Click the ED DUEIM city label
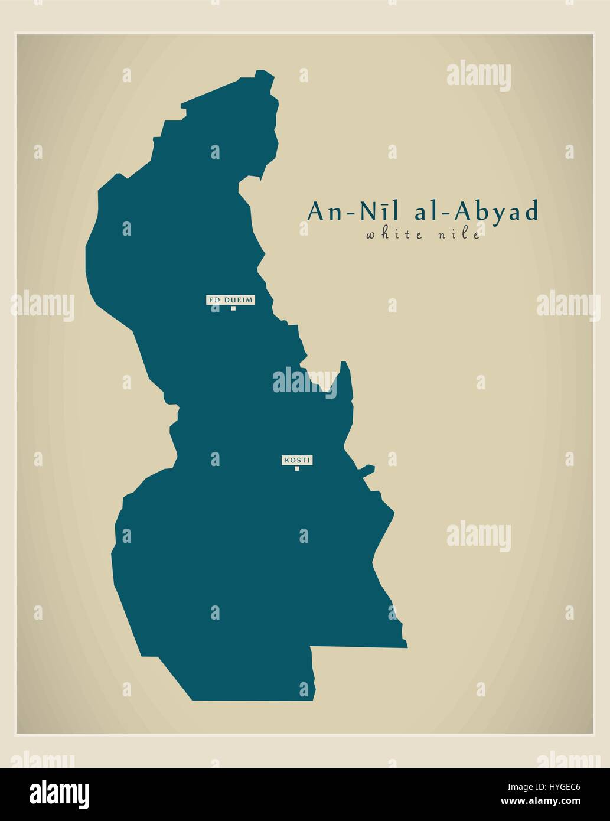click(x=230, y=300)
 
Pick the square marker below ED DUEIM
click(x=233, y=308)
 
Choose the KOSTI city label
click(x=297, y=460)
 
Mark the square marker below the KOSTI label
click(x=297, y=469)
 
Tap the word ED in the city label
click(x=213, y=300)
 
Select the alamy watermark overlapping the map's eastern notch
click(x=304, y=381)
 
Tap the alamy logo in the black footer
click(x=60, y=793)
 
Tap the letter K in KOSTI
click(x=286, y=460)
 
